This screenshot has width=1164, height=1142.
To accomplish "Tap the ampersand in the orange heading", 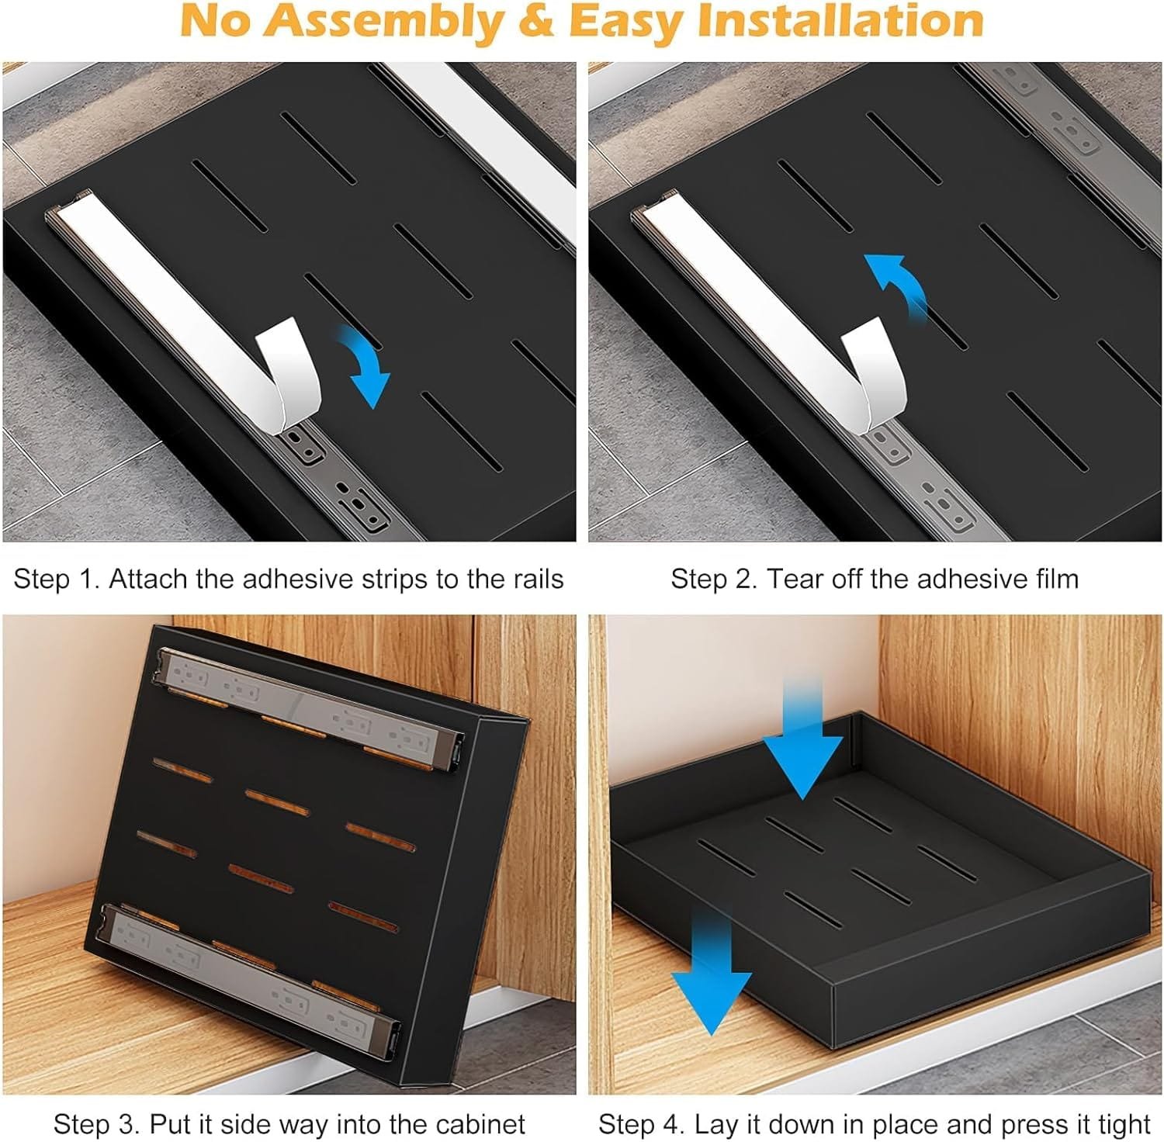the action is tap(539, 22).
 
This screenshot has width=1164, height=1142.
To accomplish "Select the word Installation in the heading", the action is tap(840, 21).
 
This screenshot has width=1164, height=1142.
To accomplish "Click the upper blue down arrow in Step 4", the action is tap(802, 736).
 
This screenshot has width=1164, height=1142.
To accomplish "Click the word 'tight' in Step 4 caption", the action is tap(1117, 1125).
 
